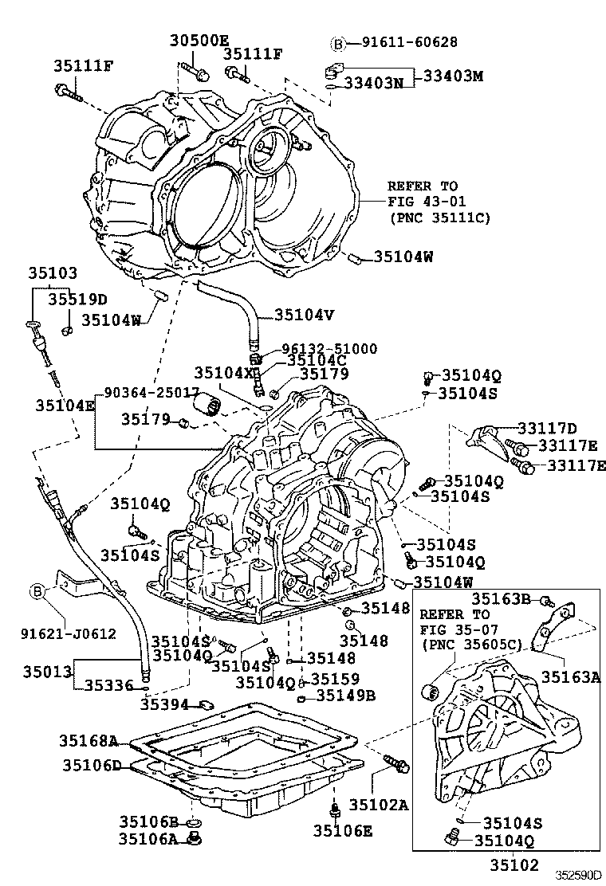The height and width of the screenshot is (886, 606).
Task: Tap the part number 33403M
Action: click(x=452, y=76)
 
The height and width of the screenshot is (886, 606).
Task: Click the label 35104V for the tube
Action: click(x=304, y=314)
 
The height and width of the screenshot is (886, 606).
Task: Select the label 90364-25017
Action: click(x=151, y=393)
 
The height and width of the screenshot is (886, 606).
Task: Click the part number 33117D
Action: click(x=546, y=428)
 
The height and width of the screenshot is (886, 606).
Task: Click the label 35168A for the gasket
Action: click(x=88, y=741)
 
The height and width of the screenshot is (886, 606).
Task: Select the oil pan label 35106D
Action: click(x=92, y=766)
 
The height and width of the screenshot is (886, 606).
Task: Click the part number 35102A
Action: click(x=379, y=805)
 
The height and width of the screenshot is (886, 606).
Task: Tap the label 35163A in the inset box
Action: click(x=571, y=676)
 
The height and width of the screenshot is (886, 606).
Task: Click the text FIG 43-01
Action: click(x=427, y=201)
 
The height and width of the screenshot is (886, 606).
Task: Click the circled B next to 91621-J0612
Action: click(x=37, y=591)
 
